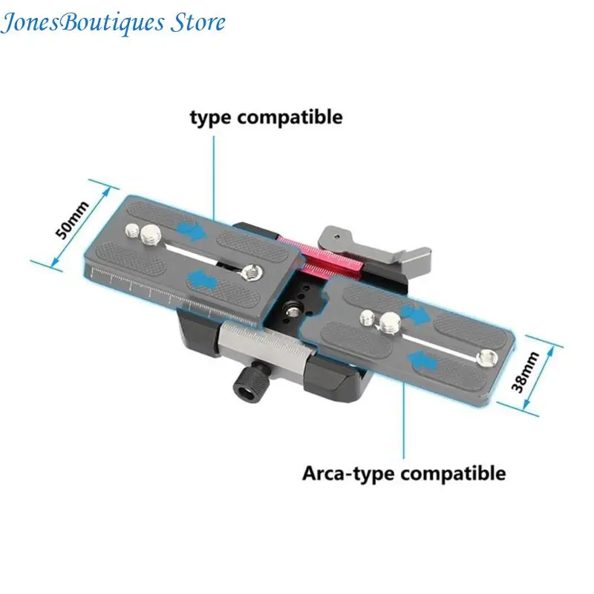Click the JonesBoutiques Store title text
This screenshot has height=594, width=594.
click(x=113, y=23)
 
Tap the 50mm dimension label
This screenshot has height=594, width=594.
click(x=72, y=220)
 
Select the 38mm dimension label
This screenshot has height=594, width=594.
click(x=525, y=372)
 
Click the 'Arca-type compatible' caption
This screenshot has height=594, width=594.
click(x=404, y=474)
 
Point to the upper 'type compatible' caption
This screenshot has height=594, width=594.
click(x=267, y=117)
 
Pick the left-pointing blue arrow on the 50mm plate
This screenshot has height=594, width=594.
click(x=203, y=281)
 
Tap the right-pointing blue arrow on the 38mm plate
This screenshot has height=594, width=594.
click(x=415, y=313)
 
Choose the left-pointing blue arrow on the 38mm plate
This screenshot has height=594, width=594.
click(x=422, y=360)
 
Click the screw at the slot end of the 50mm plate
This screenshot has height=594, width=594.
click(x=250, y=272)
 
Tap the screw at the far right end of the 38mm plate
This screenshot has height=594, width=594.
click(x=487, y=358)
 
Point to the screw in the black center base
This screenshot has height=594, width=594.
click(x=293, y=312)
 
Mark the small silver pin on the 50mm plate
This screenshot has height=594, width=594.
click(x=132, y=229)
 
